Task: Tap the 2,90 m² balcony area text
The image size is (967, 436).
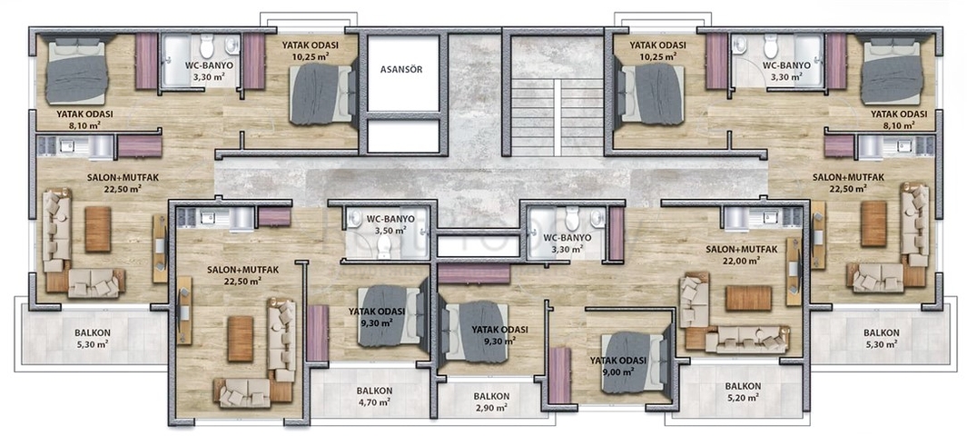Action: point(491,407)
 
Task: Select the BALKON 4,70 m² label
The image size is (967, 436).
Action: point(374,397)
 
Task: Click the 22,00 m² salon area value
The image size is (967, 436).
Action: point(742,262)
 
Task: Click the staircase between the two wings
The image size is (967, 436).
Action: point(558,117)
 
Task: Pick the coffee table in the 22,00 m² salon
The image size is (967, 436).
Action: point(748,298)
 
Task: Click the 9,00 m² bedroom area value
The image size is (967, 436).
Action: point(618,372)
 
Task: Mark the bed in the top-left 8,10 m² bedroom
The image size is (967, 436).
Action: point(78,71)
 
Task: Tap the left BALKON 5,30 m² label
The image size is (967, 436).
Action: point(93,338)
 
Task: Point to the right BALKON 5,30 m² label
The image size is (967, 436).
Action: point(882,338)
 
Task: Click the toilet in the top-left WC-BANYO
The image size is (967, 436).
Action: point(206,46)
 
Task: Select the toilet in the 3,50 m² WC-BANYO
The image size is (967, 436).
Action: point(383,247)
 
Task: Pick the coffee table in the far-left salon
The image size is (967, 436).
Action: point(98,229)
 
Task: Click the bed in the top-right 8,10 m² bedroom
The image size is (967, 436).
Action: point(893,71)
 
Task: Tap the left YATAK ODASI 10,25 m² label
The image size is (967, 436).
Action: point(310,50)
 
